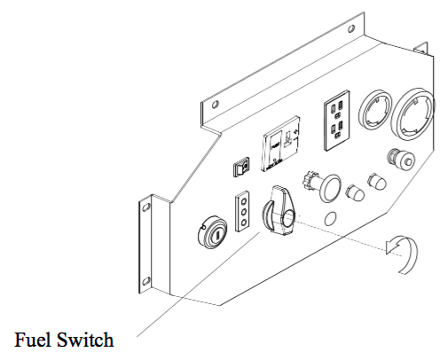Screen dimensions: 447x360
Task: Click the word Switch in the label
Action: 85,340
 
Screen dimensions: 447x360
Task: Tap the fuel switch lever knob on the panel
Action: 278,211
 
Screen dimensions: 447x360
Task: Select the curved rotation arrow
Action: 403,254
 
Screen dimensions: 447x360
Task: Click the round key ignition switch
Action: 212,232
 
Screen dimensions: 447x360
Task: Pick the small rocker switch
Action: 242,168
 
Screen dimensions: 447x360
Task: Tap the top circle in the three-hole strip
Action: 244,201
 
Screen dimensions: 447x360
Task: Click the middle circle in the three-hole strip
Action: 244,212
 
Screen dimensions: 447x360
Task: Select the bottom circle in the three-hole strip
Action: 244,222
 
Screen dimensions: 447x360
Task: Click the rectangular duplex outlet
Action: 337,121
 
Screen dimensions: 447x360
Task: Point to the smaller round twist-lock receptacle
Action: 375,109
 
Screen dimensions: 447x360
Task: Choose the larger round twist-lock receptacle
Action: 413,113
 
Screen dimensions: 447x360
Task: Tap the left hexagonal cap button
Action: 355,193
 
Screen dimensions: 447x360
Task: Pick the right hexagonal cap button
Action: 377,181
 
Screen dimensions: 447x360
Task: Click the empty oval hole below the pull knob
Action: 330,219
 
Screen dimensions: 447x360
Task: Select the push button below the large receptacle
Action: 402,160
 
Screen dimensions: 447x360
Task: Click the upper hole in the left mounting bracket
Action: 145,207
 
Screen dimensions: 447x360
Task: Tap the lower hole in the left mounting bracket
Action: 145,281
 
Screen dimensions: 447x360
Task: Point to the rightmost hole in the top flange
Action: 351,29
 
